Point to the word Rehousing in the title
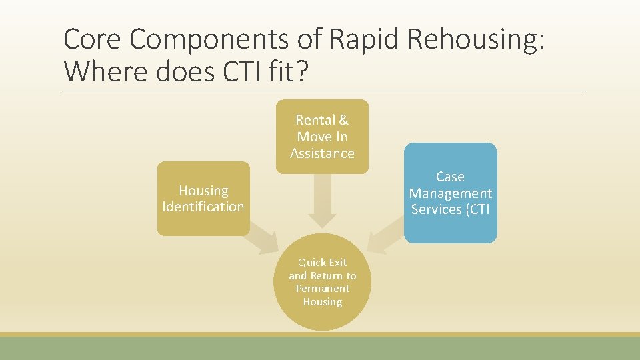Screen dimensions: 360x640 click(475, 40)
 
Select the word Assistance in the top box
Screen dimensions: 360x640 click(322, 153)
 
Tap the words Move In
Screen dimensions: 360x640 click(322, 137)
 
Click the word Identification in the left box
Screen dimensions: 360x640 click(203, 207)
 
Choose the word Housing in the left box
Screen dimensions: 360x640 click(203, 191)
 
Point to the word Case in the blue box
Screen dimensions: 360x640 click(450, 177)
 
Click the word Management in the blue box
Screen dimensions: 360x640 click(450, 193)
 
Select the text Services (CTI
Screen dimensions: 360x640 click(450, 209)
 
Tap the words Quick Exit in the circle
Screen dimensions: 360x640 click(322, 263)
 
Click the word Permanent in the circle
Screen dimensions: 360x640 click(322, 289)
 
